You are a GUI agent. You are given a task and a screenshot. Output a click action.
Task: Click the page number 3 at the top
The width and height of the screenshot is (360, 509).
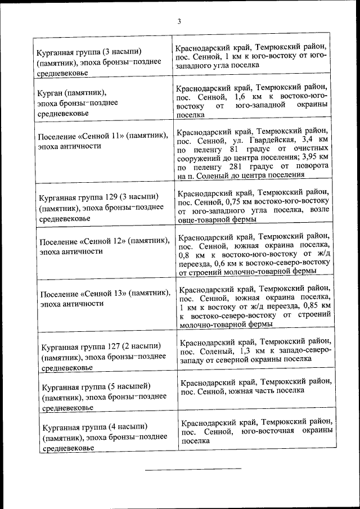[x=179, y=22]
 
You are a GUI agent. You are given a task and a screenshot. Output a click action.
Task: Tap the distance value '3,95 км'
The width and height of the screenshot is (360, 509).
[x=316, y=159]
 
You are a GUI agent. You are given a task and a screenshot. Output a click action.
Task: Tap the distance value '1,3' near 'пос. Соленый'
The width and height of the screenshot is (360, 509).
[x=247, y=350]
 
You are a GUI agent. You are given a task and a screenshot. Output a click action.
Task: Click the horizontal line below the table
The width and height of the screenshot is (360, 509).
[x=193, y=468]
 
